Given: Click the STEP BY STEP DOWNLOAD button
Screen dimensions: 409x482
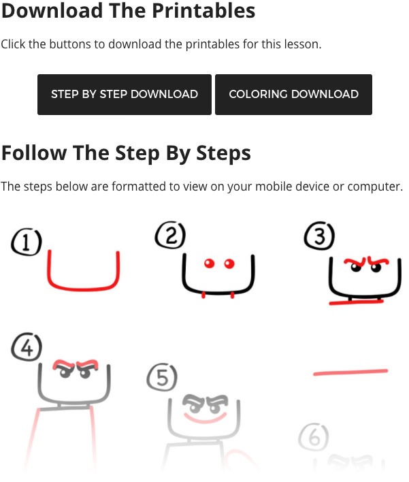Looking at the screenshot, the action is [x=125, y=95].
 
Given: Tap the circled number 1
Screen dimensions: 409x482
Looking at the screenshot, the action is [x=27, y=242].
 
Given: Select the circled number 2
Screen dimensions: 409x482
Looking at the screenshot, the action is [x=171, y=235].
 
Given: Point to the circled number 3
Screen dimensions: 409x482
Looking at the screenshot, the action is [x=320, y=236].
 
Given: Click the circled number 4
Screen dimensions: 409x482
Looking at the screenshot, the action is [x=27, y=347].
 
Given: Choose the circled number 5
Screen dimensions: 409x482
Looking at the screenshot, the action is [x=162, y=377].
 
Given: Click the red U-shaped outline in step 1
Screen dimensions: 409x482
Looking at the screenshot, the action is [x=83, y=289].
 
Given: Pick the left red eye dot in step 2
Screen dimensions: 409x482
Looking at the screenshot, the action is [x=209, y=263].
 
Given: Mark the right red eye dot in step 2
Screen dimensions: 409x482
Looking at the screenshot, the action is [x=229, y=263].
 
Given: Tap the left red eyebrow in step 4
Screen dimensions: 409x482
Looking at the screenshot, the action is [x=63, y=365].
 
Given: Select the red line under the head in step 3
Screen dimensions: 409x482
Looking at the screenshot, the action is [x=357, y=302].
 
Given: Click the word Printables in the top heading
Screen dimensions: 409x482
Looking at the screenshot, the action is [x=203, y=10].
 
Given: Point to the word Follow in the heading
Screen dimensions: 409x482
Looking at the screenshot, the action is [x=34, y=152].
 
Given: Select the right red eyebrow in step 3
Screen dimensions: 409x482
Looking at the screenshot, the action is [x=378, y=261].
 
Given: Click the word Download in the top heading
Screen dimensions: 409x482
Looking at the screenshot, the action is [x=52, y=10].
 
